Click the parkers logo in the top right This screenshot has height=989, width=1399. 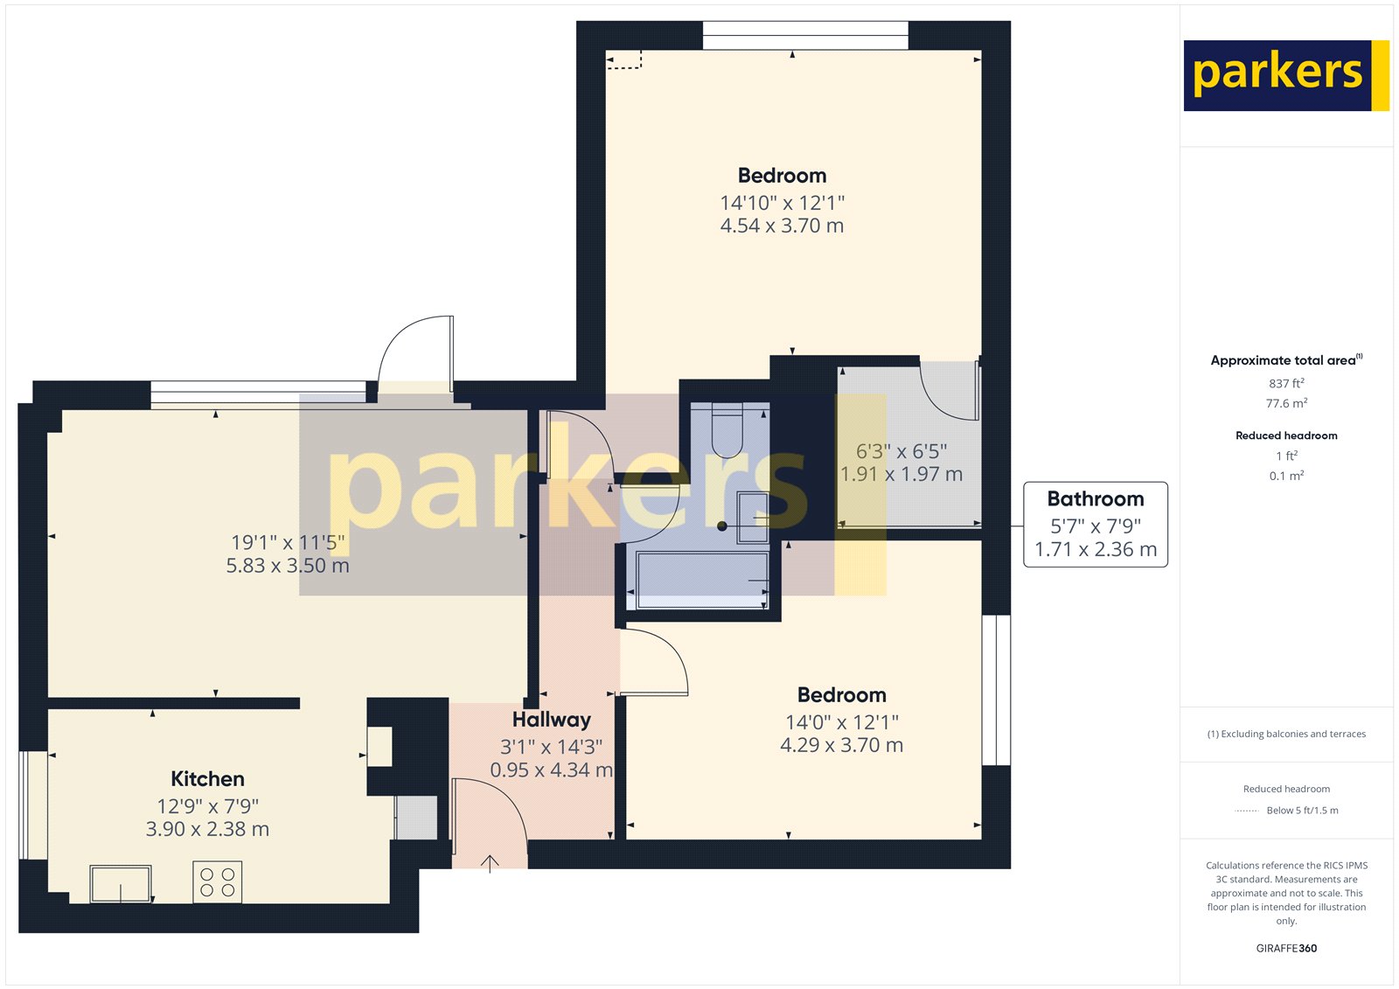coord(1285,75)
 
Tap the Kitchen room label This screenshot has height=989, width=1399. coord(207,779)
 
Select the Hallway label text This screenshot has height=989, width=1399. coord(551,720)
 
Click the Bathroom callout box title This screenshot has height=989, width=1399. coord(1095,499)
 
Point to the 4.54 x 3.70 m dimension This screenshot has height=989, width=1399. coord(782,226)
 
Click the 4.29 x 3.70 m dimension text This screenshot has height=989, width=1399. coord(841,745)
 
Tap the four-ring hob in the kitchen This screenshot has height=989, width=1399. coord(217,881)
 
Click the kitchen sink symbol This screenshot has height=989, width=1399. coord(121,884)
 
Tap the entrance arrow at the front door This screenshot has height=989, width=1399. coord(490,863)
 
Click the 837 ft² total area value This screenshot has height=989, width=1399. coord(1286,383)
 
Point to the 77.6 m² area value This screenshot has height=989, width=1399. coord(1286,403)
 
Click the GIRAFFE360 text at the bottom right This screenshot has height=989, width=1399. coord(1286,948)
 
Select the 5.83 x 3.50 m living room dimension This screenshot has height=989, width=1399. coord(288,566)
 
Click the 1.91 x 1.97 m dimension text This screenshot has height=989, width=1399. coord(901,474)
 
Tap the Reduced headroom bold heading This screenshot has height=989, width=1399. coord(1286,435)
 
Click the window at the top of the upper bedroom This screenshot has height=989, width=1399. coord(805,36)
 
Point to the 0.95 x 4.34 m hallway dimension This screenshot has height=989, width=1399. coord(551,770)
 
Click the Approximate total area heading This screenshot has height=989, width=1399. coord(1284,360)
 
